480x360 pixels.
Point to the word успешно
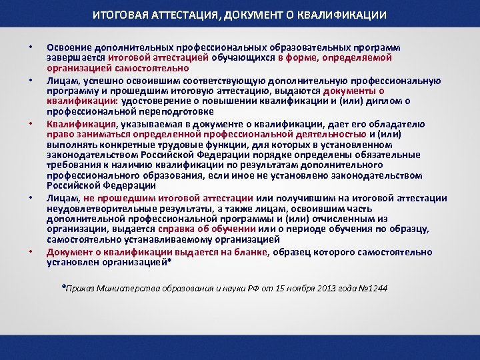[94, 81]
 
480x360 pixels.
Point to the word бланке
[247, 252]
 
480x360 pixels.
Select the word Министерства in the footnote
[128, 289]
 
